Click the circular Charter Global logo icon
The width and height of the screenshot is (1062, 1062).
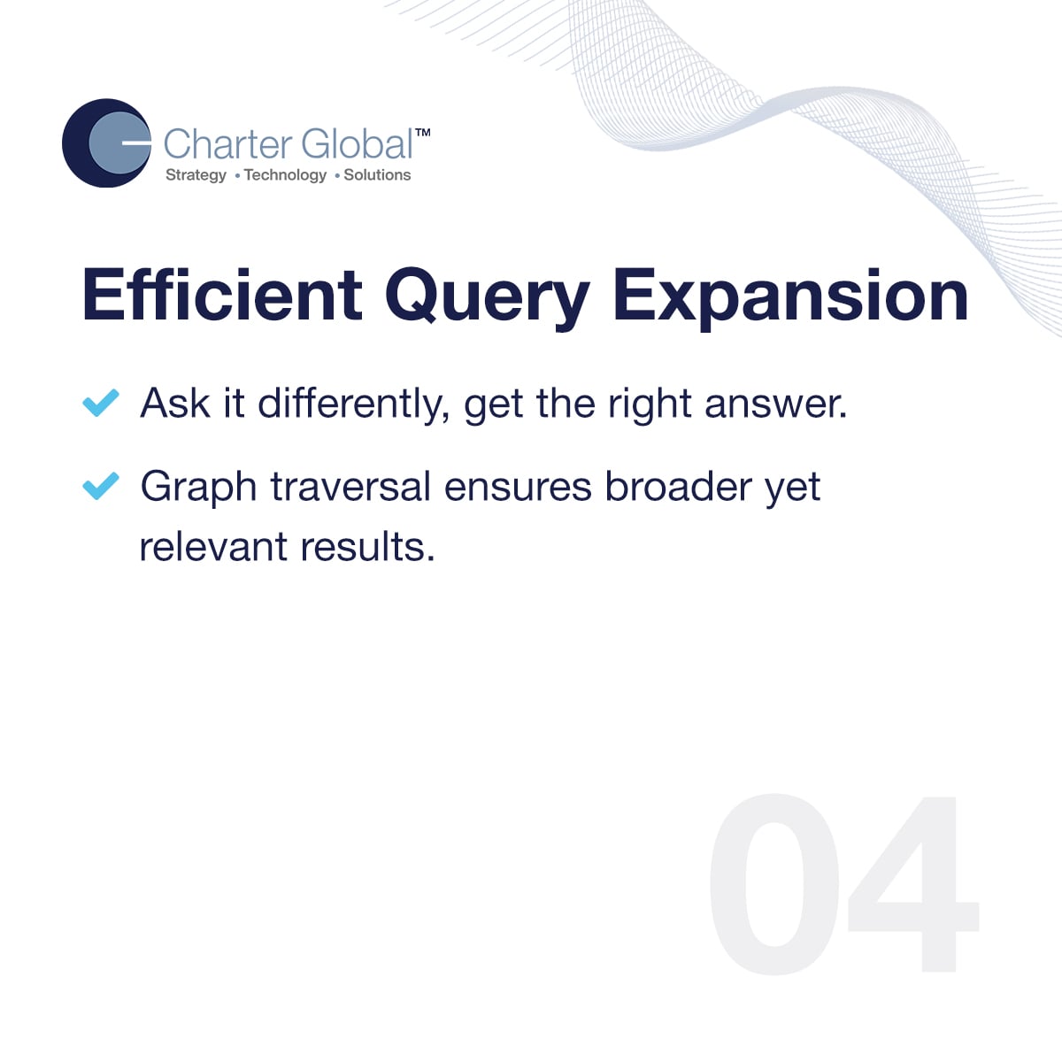coord(106,142)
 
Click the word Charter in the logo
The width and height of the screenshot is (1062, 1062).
coord(227,144)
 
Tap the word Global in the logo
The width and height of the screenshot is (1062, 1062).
coord(358,144)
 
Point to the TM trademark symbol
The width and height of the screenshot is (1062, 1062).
coord(423,133)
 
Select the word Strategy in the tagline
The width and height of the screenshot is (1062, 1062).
coord(196,175)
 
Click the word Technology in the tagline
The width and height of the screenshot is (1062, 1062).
coord(286,175)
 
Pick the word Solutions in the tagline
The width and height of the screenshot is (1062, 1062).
coord(378,174)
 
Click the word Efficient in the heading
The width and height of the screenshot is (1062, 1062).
coord(222,295)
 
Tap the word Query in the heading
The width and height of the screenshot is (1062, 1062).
coord(488,298)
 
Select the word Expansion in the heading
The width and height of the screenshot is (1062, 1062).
coord(791,298)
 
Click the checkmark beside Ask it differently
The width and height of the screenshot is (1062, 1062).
coord(101,403)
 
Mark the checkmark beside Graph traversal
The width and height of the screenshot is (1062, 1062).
coord(101,486)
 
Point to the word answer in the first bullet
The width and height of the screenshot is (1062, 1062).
coord(776,404)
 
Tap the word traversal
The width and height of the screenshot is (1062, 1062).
coord(350,487)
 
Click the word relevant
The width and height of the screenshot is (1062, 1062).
coord(213,547)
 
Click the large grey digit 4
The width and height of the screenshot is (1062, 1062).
coord(913,884)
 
